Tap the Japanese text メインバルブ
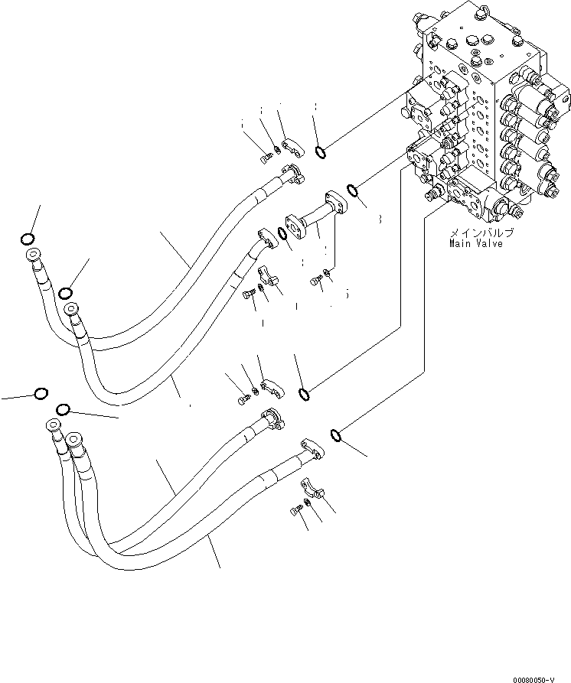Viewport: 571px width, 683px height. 480,233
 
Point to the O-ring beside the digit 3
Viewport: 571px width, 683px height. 353,190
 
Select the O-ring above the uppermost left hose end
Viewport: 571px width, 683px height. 28,238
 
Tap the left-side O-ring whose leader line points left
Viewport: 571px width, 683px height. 41,393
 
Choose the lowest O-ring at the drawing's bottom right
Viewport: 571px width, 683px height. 336,435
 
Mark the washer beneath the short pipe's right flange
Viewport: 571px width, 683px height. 328,269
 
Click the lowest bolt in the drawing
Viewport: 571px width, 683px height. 296,510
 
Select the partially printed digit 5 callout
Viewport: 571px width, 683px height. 346,292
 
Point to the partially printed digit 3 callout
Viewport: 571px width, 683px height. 378,220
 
